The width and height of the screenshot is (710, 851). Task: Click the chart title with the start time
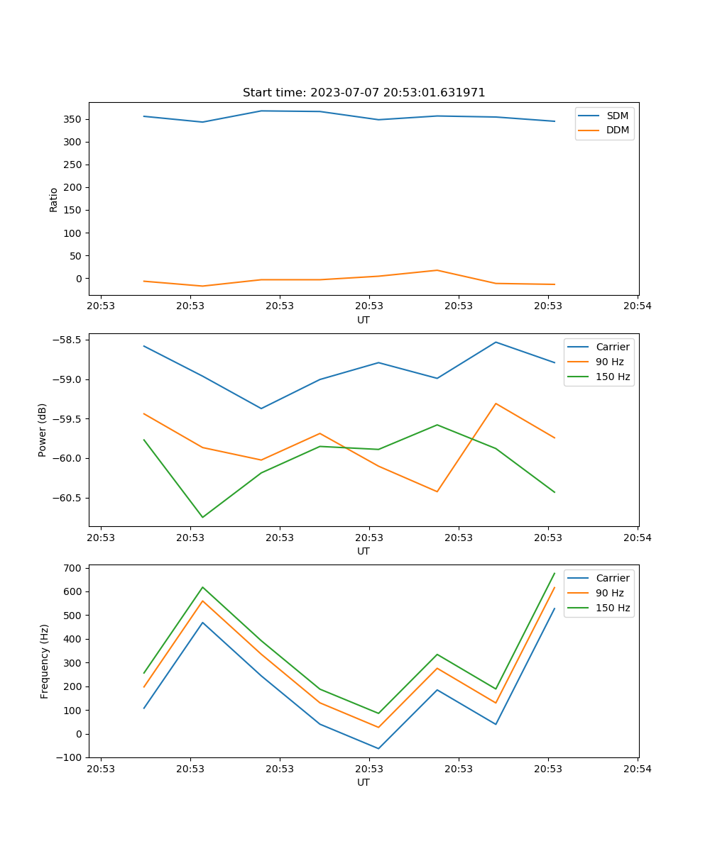tap(364, 93)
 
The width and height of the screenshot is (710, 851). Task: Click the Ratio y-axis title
tap(54, 199)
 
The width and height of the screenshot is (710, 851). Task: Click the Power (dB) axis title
tap(43, 430)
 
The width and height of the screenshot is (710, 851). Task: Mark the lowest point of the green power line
tap(202, 517)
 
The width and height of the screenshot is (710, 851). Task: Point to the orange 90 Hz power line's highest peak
tap(496, 404)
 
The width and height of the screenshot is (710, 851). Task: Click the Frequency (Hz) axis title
tap(45, 661)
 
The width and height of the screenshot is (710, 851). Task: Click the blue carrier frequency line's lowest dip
tap(378, 748)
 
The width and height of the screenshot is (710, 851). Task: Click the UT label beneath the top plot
tap(364, 320)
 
